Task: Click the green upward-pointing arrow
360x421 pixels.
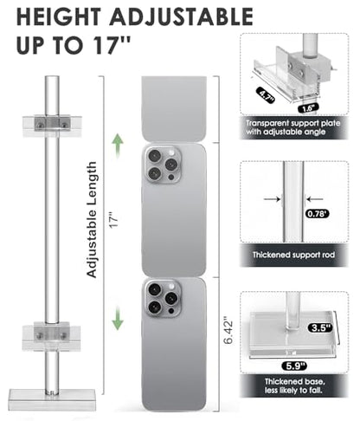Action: [x=118, y=146]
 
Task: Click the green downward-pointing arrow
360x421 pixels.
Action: [x=118, y=318]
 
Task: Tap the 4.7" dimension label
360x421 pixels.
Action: [x=266, y=95]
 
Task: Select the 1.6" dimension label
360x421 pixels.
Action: [x=308, y=108]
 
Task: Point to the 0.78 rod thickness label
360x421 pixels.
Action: [x=317, y=214]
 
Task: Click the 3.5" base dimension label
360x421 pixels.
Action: [x=320, y=327]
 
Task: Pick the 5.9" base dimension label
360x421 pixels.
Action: [x=294, y=366]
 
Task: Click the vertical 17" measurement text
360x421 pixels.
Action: [x=114, y=220]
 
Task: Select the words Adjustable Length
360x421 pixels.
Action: [x=92, y=220]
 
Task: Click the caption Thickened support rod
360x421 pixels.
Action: [x=293, y=255]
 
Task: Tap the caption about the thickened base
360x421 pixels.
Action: [x=294, y=385]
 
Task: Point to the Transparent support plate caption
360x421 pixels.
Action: [x=292, y=127]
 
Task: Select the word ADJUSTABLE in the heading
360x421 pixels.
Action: [x=182, y=17]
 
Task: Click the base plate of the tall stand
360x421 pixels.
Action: [x=52, y=398]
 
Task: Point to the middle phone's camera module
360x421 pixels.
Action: [x=163, y=165]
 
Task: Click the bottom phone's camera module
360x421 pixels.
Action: [x=163, y=299]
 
